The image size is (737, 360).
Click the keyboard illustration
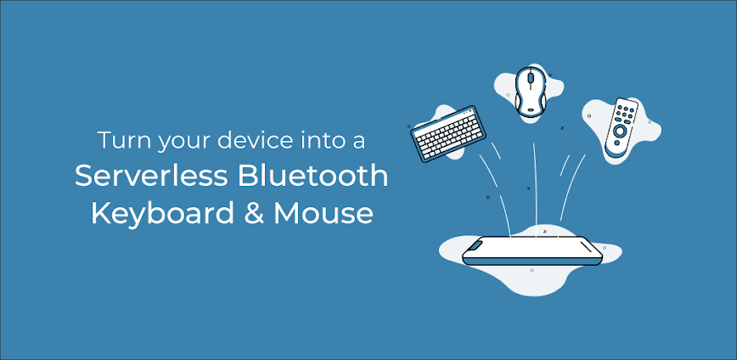click(x=447, y=132)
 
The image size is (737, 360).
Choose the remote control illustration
click(x=621, y=127)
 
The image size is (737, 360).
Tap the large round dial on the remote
click(x=620, y=132)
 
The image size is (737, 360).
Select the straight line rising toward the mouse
click(x=535, y=183)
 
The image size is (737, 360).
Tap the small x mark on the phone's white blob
click(x=544, y=231)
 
